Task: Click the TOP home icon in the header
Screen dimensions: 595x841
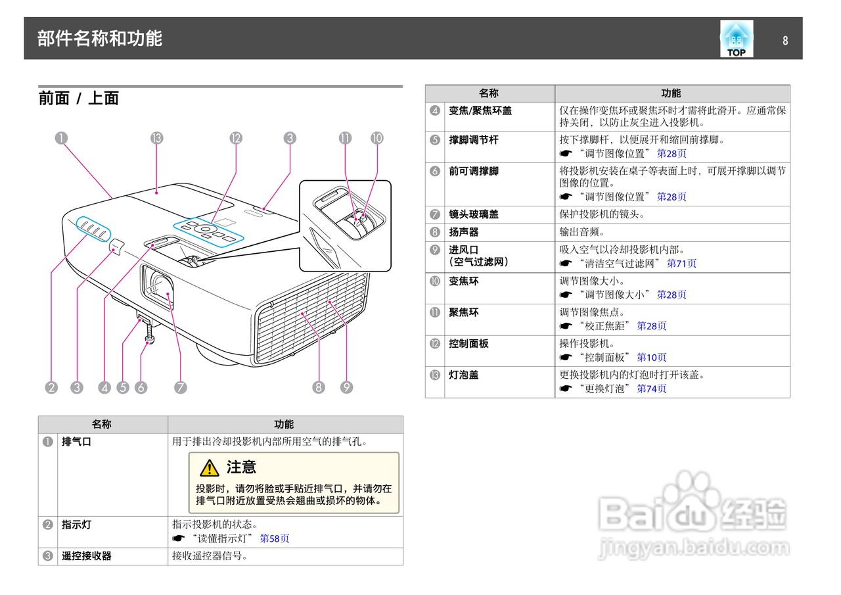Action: click(x=736, y=39)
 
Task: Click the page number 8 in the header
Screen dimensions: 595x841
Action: click(x=785, y=40)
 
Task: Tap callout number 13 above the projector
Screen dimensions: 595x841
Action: click(x=156, y=138)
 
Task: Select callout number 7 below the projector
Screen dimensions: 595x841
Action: click(x=180, y=387)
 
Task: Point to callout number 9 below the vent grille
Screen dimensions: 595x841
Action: click(x=347, y=387)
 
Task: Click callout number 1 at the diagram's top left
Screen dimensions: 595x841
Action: click(x=60, y=138)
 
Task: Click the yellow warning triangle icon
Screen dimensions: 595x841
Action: click(x=210, y=467)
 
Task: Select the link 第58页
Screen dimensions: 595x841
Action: click(x=275, y=538)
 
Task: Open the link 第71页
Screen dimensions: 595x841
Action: click(x=681, y=264)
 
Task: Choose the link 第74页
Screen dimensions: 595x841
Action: click(x=652, y=389)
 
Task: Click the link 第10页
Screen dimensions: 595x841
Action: click(x=652, y=358)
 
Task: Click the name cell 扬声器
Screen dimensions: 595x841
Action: click(x=464, y=232)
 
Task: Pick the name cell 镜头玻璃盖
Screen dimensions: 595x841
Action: click(x=473, y=214)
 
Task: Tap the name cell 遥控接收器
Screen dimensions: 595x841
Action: click(x=86, y=556)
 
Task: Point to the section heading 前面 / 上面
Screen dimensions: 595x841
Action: click(x=78, y=99)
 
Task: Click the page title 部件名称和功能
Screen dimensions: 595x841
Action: click(x=99, y=38)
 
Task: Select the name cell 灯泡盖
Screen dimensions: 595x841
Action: click(x=464, y=375)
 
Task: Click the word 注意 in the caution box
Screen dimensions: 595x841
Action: click(x=241, y=467)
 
